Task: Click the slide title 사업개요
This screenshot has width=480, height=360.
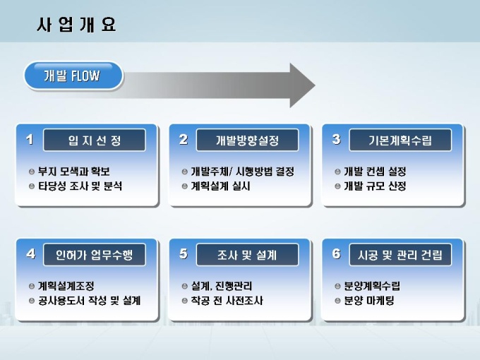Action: pos(76,25)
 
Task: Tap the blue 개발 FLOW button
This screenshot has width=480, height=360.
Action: pos(73,76)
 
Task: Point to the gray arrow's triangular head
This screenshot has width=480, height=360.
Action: pos(301,85)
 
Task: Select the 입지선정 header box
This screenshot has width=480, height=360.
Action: pos(95,140)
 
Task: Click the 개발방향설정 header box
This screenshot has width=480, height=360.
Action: pos(247,140)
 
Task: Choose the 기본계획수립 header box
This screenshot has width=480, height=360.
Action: pos(400,140)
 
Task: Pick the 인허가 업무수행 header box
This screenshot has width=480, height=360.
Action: pos(95,254)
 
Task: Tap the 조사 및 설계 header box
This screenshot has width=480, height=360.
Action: pos(247,254)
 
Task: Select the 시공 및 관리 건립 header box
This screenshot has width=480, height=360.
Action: pos(400,254)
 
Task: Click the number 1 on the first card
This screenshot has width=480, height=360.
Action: pos(30,139)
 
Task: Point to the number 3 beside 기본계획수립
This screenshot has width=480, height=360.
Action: pos(336,139)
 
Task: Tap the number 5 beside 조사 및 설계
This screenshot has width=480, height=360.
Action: pos(184,253)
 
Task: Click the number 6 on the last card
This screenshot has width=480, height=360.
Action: pos(336,253)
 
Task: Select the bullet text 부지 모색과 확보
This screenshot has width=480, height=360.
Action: pos(74,172)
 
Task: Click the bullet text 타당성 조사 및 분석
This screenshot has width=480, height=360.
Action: pos(80,186)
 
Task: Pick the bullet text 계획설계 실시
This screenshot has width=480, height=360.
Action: pos(221,186)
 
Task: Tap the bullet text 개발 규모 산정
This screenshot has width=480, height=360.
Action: pos(375,186)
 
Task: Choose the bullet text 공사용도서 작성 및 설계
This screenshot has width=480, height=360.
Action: pos(90,301)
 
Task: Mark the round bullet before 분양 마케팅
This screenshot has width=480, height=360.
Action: pos(337,301)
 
